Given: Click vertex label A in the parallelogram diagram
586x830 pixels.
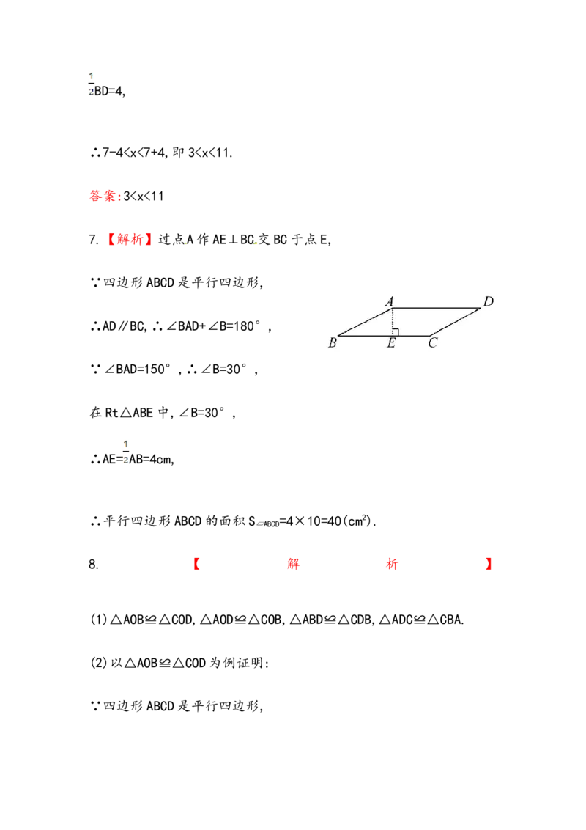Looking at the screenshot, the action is (389, 302).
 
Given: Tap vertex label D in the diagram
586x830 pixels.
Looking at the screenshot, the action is (488, 301).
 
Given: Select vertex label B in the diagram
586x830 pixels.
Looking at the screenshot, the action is (332, 343).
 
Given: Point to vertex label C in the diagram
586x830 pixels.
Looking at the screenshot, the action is (433, 343).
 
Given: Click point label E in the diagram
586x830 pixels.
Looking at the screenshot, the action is (391, 343).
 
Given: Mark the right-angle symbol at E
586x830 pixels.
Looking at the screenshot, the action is (396, 332).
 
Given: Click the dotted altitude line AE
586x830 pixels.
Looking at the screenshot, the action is (393, 321).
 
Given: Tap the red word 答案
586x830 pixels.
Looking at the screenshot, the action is (103, 196).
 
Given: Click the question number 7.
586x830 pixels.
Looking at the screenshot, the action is (94, 240).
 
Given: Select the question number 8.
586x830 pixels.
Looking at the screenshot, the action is (94, 565).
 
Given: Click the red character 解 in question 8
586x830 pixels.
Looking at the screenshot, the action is (294, 564).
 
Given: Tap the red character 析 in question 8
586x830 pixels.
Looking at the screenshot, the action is (392, 564).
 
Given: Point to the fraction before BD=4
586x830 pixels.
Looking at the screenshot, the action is (91, 84).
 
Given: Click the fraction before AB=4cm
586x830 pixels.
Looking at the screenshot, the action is (126, 452).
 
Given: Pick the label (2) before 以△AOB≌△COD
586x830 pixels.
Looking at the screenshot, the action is (99, 663).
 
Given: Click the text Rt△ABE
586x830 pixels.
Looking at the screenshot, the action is (129, 413).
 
